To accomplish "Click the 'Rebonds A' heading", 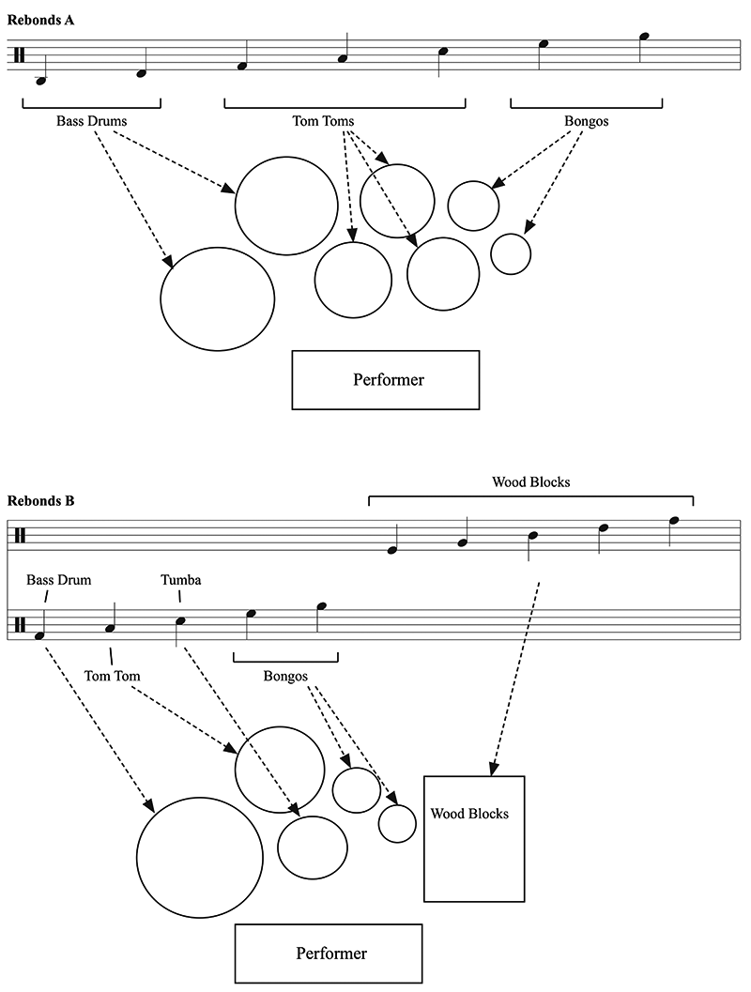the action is click(x=40, y=21).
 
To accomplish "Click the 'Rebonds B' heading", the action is click(x=40, y=501).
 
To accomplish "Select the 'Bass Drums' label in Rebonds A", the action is click(x=92, y=121).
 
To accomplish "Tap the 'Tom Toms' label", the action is click(x=323, y=121).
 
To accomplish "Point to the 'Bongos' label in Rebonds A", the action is click(x=587, y=121).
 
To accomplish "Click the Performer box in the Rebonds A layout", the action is click(x=385, y=379).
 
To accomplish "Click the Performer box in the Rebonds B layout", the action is click(x=329, y=954).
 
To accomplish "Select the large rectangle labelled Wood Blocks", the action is click(x=474, y=838).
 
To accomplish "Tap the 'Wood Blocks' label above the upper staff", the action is click(x=530, y=482).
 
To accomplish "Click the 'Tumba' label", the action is click(x=181, y=579).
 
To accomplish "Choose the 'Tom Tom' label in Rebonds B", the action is click(x=112, y=676).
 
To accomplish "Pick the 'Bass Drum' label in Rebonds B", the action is click(x=59, y=579).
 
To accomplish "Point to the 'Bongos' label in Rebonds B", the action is click(x=285, y=677).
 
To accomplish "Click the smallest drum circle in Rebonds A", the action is click(x=511, y=253).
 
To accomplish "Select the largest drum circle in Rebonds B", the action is click(x=199, y=857).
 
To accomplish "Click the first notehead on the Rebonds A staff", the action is click(x=41, y=81).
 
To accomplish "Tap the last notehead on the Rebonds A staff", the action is click(x=644, y=37).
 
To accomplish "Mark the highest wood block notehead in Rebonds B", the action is click(x=674, y=521).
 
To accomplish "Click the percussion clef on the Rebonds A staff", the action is click(x=20, y=55).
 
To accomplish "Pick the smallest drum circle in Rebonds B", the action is click(x=397, y=823).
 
